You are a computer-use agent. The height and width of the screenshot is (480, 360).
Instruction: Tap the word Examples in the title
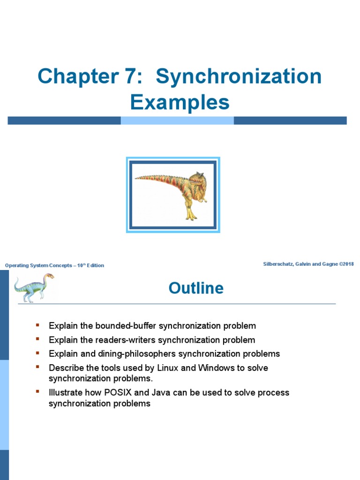click(x=180, y=102)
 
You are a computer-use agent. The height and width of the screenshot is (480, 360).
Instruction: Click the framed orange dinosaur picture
click(x=173, y=195)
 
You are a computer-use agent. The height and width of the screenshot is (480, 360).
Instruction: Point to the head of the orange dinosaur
click(x=195, y=180)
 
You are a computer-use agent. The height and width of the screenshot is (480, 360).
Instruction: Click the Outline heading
click(x=196, y=288)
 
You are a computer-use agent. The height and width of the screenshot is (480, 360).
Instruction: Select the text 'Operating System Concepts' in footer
click(x=38, y=266)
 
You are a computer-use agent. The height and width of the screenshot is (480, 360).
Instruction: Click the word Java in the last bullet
click(x=161, y=392)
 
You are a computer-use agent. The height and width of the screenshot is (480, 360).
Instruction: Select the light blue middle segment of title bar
click(x=177, y=120)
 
